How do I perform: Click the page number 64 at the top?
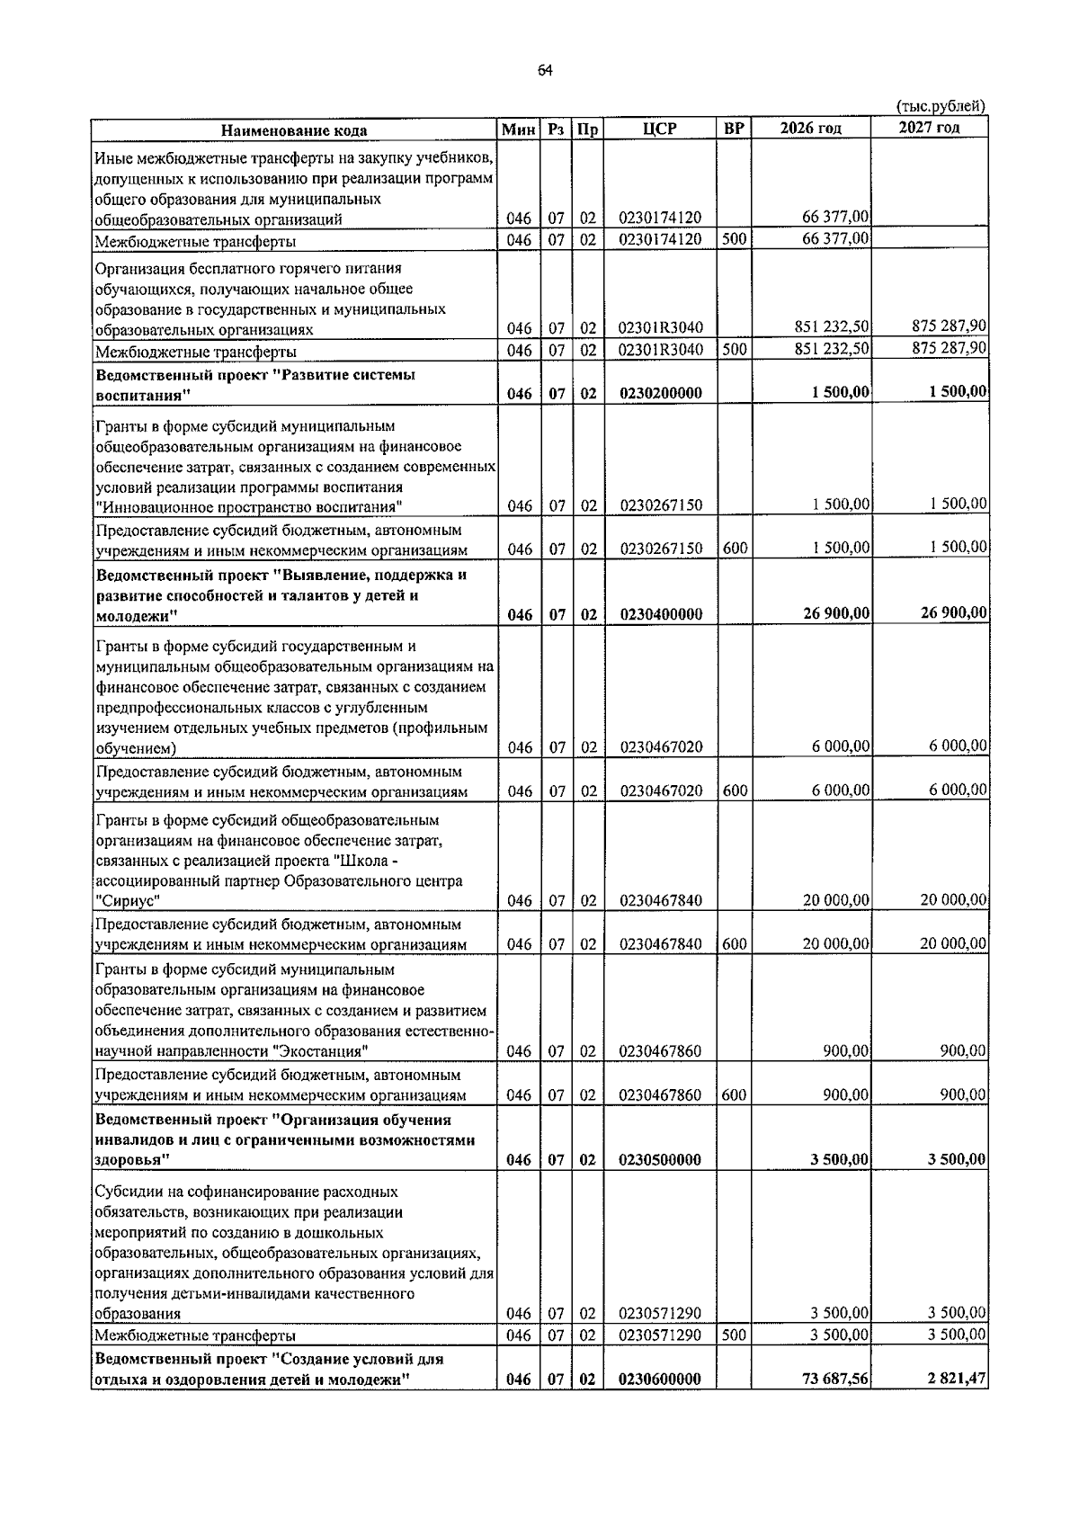(545, 71)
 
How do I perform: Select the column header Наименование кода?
(295, 129)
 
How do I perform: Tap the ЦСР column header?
(659, 129)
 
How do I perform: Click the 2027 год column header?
(929, 128)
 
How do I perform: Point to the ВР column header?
(734, 129)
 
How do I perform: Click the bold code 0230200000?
(660, 393)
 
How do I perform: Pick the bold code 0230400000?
(660, 614)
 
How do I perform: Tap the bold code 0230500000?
(660, 1159)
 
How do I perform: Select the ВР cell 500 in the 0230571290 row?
(734, 1335)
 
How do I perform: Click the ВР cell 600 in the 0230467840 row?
(734, 944)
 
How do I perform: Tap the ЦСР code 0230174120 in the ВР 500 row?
(660, 240)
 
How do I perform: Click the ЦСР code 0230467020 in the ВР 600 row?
(660, 791)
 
